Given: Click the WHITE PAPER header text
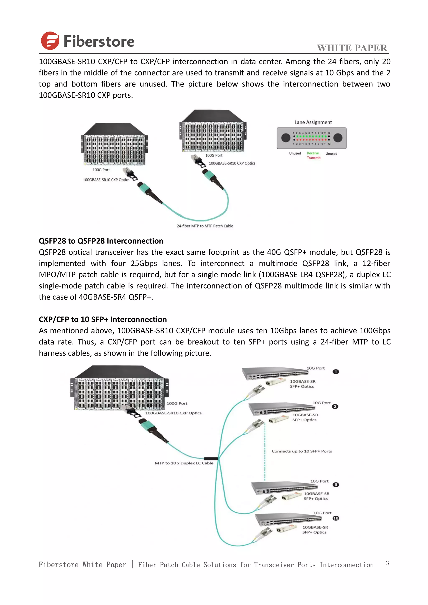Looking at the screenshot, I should [x=352, y=48].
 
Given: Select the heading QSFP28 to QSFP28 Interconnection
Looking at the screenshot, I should [x=101, y=241].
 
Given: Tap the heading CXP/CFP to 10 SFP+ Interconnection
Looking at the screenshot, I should [x=103, y=319].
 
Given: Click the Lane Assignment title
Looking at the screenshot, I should [x=313, y=122].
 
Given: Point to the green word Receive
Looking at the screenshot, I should [x=313, y=153].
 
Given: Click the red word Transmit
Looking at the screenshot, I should [x=314, y=158].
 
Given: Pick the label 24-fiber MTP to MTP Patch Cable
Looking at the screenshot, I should [x=205, y=226].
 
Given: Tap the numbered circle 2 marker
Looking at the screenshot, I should [x=335, y=407].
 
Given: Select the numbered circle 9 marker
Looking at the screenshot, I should [x=336, y=485].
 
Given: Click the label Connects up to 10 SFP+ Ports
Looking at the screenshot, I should [x=302, y=451].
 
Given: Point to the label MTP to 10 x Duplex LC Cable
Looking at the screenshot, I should [x=184, y=463].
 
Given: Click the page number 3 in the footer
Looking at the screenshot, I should [x=387, y=563].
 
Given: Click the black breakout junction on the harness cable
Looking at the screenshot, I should [x=211, y=459].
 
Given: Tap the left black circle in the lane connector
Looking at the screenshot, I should [x=286, y=137].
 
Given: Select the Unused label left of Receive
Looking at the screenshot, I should [x=295, y=153].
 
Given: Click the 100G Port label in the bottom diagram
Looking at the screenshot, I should [x=177, y=403].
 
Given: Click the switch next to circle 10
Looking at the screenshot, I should [x=289, y=519].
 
